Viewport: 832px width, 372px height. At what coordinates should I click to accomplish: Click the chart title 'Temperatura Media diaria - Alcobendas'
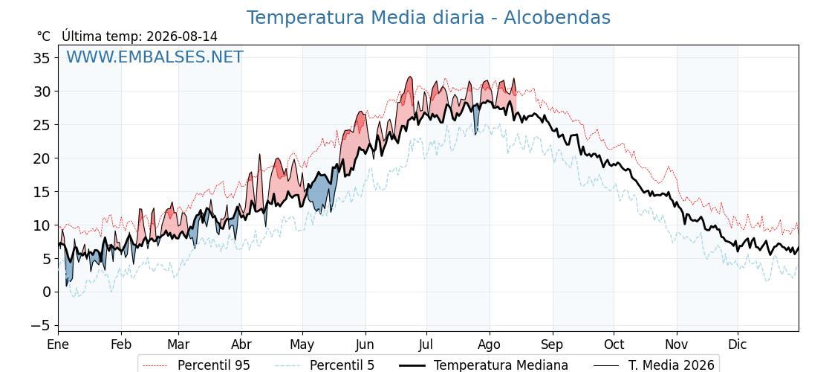coord(428,18)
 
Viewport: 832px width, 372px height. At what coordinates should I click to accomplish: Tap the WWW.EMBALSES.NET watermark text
coord(155,57)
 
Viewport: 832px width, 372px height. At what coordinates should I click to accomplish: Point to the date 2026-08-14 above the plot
coord(182,36)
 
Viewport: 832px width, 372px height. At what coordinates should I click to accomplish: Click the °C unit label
coord(44,36)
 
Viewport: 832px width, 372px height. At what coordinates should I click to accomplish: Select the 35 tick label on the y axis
coord(41,57)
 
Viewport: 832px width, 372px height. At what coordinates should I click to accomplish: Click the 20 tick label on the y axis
coord(41,158)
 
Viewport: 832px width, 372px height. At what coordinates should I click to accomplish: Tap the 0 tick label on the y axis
coord(46,292)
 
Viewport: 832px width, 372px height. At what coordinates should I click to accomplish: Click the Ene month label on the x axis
coord(58,344)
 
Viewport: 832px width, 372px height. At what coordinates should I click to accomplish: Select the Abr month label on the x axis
coord(241,344)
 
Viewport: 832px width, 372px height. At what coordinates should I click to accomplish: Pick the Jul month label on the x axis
coord(426,344)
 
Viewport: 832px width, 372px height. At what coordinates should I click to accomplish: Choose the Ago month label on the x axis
coord(490,344)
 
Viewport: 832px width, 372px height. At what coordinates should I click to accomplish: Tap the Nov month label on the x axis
coord(677,344)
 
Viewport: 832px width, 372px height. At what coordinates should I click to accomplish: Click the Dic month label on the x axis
coord(738,344)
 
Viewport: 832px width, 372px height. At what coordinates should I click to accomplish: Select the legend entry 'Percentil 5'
coord(325,365)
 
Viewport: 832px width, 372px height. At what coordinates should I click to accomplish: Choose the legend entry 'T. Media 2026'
coord(654,365)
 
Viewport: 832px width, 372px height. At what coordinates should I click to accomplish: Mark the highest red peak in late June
coord(409,77)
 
